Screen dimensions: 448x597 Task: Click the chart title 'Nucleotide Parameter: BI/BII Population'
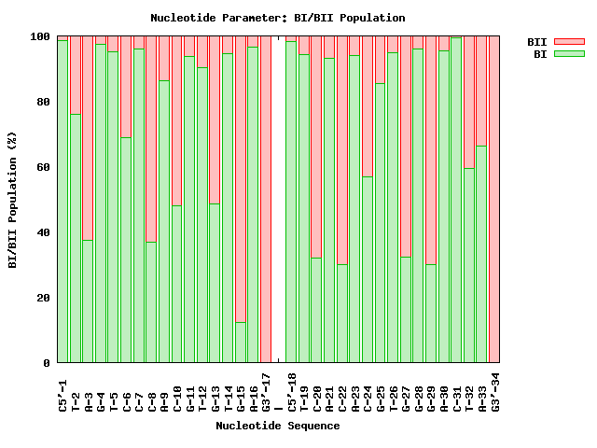[277, 18]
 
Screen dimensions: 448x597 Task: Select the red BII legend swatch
[569, 42]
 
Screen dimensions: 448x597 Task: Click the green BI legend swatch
[569, 54]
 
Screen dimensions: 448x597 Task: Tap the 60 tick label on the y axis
[44, 168]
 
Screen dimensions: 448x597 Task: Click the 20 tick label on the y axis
[44, 298]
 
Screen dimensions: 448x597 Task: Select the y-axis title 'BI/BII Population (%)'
[13, 201]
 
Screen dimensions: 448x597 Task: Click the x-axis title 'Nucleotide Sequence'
[277, 426]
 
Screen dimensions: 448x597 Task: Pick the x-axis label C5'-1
[63, 391]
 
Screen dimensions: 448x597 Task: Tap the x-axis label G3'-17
[266, 391]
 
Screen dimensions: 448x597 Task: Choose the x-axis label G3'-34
[494, 391]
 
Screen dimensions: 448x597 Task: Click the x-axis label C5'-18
[291, 391]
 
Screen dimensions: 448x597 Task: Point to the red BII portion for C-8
[152, 140]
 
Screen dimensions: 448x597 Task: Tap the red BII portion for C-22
[341, 149]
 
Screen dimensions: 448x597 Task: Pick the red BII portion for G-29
[431, 149]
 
